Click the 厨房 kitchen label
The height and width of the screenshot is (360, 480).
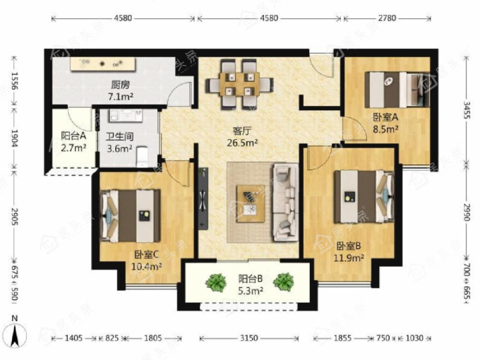tap(120, 85)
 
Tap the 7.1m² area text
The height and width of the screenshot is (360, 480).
tap(120, 97)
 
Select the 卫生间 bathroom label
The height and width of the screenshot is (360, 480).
tap(120, 136)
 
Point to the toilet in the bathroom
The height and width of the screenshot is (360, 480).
tap(143, 157)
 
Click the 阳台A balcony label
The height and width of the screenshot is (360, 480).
tap(73, 136)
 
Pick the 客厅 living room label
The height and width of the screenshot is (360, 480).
tap(242, 131)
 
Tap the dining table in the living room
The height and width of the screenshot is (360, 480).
tap(240, 84)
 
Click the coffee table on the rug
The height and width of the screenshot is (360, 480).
tap(251, 203)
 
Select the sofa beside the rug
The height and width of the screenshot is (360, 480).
tap(285, 203)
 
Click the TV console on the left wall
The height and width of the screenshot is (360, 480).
tap(203, 198)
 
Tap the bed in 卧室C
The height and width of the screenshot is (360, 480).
tap(130, 216)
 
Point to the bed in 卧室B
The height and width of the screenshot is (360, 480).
tap(364, 196)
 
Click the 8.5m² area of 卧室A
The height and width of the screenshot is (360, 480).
tap(385, 129)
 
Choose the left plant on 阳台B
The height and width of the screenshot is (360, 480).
tap(216, 282)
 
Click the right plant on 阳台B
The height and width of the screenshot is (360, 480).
tap(284, 282)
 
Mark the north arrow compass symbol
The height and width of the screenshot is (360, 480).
tap(16, 335)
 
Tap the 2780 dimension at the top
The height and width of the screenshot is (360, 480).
tap(387, 18)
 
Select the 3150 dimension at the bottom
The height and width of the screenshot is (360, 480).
tap(249, 338)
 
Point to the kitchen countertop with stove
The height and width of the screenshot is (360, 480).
tap(103, 64)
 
